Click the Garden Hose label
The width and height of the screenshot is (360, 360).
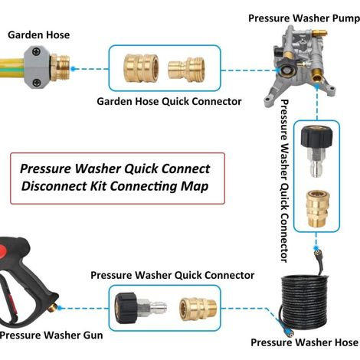coord(39,35)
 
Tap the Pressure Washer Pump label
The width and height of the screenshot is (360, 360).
coord(304,18)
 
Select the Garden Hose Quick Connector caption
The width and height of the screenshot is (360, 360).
coord(169,101)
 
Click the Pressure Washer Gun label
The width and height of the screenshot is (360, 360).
coord(51,335)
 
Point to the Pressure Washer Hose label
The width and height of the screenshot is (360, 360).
coord(304,342)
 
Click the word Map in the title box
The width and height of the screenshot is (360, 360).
coord(195,186)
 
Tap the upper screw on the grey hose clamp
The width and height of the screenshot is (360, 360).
coord(37,51)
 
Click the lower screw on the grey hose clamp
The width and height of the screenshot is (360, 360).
coord(37,83)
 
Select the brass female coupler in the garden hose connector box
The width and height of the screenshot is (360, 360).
coord(141,68)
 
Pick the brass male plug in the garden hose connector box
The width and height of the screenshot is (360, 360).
coord(186,69)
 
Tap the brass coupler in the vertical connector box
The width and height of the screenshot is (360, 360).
coord(318,208)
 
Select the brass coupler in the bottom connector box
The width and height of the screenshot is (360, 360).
coord(198,309)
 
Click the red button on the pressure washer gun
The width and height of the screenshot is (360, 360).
coord(3,251)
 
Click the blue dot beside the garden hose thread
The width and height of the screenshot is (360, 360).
coord(73,69)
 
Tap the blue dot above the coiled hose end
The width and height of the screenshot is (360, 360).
coord(316,248)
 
